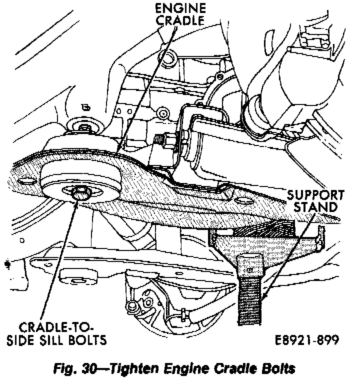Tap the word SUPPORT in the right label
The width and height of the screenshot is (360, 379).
pyautogui.click(x=316, y=195)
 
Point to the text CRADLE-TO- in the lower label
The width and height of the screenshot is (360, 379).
pyautogui.click(x=56, y=328)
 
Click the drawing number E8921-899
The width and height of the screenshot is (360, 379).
pyautogui.click(x=306, y=340)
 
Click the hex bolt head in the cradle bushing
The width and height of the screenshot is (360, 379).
pyautogui.click(x=79, y=192)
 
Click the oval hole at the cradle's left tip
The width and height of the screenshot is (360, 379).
pyautogui.click(x=23, y=180)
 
